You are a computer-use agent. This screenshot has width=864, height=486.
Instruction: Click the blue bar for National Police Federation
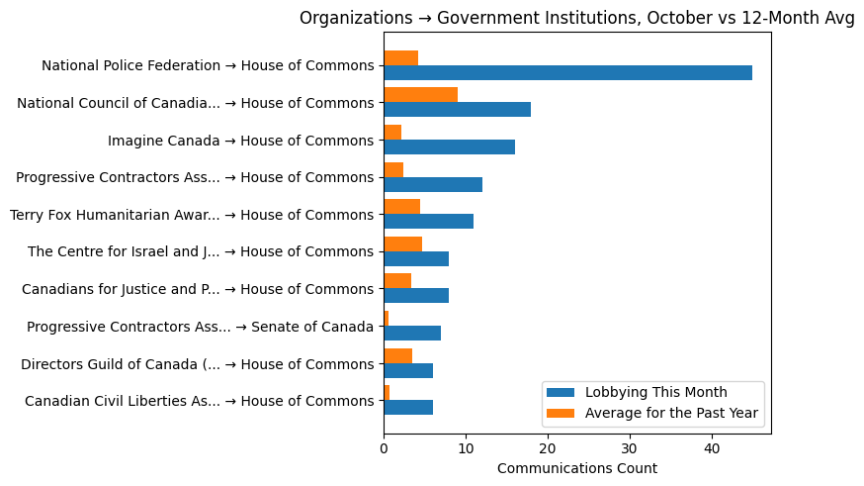pyautogui.click(x=567, y=72)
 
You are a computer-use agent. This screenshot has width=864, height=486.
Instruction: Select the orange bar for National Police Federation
pyautogui.click(x=400, y=57)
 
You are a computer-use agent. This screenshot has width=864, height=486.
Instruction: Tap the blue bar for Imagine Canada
pyautogui.click(x=449, y=146)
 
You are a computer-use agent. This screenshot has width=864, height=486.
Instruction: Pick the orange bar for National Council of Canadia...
pyautogui.click(x=420, y=95)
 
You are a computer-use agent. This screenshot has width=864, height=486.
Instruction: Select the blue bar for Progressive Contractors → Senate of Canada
pyautogui.click(x=412, y=333)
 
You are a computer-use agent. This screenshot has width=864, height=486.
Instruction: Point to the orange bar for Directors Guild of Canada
pyautogui.click(x=397, y=355)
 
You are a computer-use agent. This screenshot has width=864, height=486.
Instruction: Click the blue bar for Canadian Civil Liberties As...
pyautogui.click(x=408, y=407)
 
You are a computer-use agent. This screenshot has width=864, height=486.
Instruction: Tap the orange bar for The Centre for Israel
pyautogui.click(x=402, y=243)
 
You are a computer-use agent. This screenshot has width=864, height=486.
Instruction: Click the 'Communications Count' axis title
pyautogui.click(x=576, y=468)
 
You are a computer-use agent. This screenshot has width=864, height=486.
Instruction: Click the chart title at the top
pyautogui.click(x=576, y=19)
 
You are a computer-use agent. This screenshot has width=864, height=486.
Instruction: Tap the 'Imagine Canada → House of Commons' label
pyautogui.click(x=240, y=141)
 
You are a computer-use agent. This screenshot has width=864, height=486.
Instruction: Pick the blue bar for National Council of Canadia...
pyautogui.click(x=457, y=109)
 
